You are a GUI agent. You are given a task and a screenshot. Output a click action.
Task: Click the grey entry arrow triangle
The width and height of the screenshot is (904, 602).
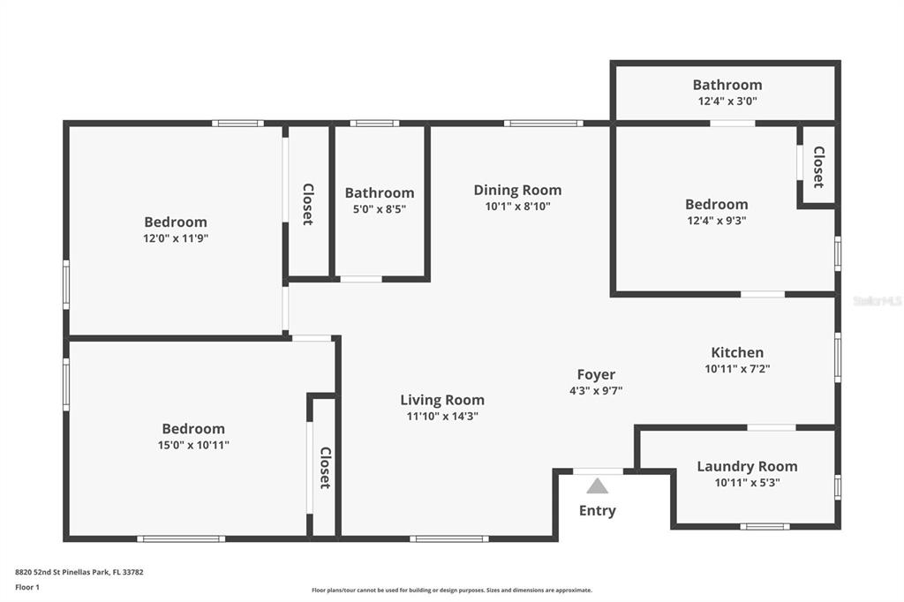[598, 486]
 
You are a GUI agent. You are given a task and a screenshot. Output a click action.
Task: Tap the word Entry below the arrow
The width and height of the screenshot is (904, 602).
[598, 511]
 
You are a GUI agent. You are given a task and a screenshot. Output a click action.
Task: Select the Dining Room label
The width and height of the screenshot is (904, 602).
[517, 190]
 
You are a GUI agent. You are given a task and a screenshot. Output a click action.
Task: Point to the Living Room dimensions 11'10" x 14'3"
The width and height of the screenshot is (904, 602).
[442, 416]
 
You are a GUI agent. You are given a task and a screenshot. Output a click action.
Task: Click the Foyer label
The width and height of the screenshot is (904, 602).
[596, 375]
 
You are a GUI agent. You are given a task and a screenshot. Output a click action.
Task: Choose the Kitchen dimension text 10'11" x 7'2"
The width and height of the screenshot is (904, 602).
[737, 368]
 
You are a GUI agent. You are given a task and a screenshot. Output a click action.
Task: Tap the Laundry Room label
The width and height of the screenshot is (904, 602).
[747, 466]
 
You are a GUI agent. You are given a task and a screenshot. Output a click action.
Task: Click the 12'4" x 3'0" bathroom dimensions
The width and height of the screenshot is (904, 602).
[727, 101]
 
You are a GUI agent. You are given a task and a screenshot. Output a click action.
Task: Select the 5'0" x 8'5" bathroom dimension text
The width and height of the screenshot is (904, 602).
[380, 208]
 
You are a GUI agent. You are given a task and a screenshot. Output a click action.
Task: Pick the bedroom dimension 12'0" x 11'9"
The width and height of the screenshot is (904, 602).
[176, 238]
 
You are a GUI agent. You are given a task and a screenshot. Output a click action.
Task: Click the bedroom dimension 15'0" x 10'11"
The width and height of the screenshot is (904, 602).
[193, 445]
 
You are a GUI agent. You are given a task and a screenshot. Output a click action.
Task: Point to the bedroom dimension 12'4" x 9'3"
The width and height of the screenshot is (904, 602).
[717, 221]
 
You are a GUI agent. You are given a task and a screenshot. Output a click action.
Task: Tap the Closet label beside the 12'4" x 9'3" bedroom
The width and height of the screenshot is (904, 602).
[818, 167]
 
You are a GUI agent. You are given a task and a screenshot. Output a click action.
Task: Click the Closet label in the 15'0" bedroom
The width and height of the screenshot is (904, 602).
[326, 468]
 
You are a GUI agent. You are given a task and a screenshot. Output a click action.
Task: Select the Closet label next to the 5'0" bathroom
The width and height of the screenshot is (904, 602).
[308, 204]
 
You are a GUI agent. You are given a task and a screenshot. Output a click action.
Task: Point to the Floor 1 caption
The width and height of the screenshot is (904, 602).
[27, 587]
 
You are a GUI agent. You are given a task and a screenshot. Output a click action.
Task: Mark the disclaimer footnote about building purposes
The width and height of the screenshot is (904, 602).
[452, 590]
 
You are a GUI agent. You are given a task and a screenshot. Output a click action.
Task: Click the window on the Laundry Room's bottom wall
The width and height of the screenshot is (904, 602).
[765, 526]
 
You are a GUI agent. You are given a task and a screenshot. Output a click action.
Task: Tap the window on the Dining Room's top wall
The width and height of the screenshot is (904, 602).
[544, 123]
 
